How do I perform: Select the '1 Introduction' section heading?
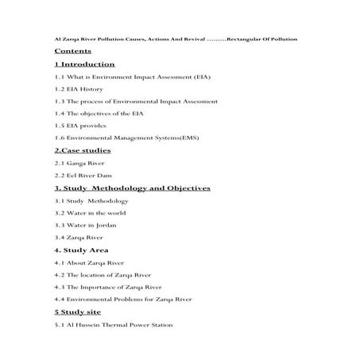point(85,64)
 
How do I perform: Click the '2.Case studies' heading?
point(83,150)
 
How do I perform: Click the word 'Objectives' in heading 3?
point(182,188)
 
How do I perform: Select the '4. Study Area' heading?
point(80,250)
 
